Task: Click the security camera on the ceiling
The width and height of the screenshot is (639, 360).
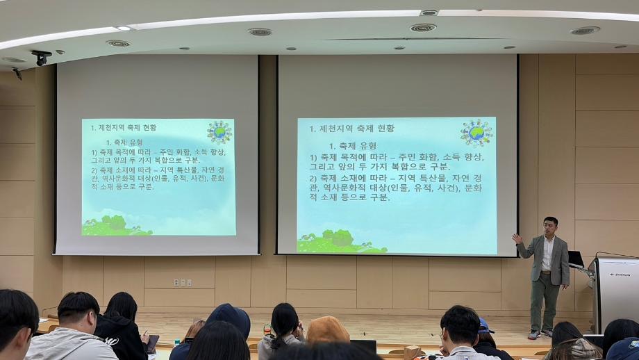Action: [x=41, y=56]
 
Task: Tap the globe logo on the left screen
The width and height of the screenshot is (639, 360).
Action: [x=219, y=132]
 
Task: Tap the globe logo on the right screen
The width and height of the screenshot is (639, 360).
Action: [x=476, y=132]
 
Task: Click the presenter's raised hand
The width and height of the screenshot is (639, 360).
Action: [x=516, y=238]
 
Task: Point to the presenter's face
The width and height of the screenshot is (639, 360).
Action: [x=550, y=226]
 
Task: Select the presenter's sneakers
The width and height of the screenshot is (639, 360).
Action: [x=542, y=334]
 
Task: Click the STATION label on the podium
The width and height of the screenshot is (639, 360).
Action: [x=620, y=275]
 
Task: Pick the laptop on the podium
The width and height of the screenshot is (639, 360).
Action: [x=576, y=260]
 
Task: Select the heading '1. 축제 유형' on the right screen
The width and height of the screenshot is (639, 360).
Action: [x=352, y=146]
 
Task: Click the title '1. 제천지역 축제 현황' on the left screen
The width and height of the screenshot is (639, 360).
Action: [x=124, y=128]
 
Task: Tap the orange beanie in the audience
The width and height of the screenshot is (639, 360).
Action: [x=327, y=329]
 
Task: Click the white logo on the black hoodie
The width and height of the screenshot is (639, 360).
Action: [x=111, y=341]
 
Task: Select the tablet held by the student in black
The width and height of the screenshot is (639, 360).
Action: [x=152, y=343]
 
